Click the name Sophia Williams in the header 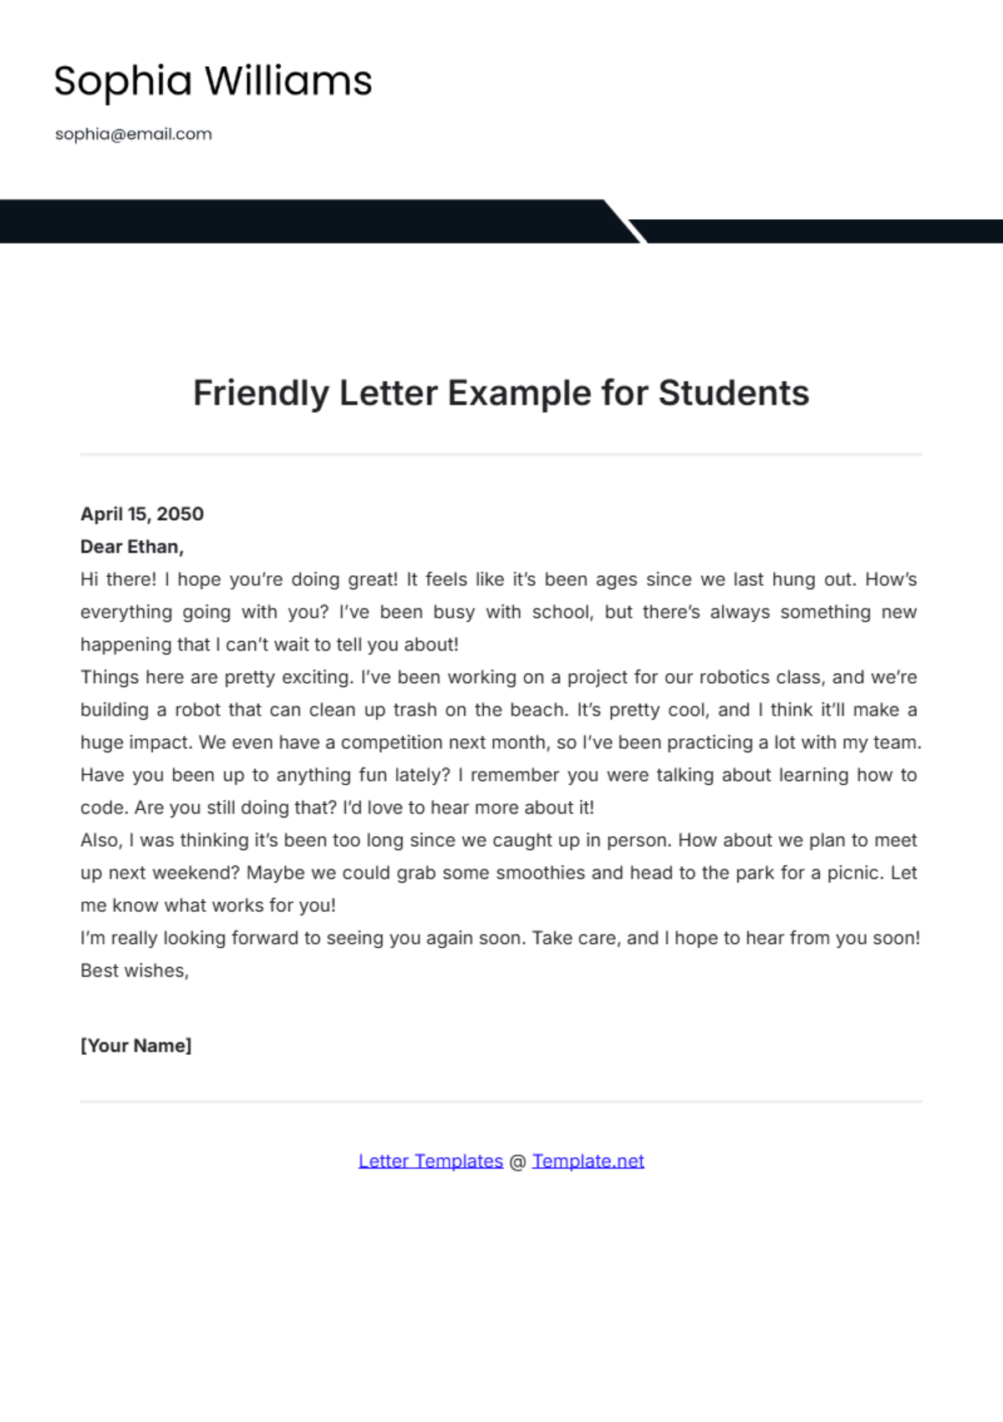pyautogui.click(x=212, y=81)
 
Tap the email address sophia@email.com pyautogui.click(x=134, y=134)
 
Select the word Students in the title pyautogui.click(x=733, y=393)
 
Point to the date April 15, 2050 pyautogui.click(x=142, y=514)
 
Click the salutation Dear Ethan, pyautogui.click(x=132, y=547)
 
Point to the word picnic pyautogui.click(x=853, y=873)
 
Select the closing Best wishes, pyautogui.click(x=135, y=971)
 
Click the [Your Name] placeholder pyautogui.click(x=136, y=1046)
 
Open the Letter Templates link pyautogui.click(x=430, y=1161)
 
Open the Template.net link pyautogui.click(x=588, y=1161)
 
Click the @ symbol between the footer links pyautogui.click(x=517, y=1161)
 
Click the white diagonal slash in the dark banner pyautogui.click(x=626, y=222)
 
